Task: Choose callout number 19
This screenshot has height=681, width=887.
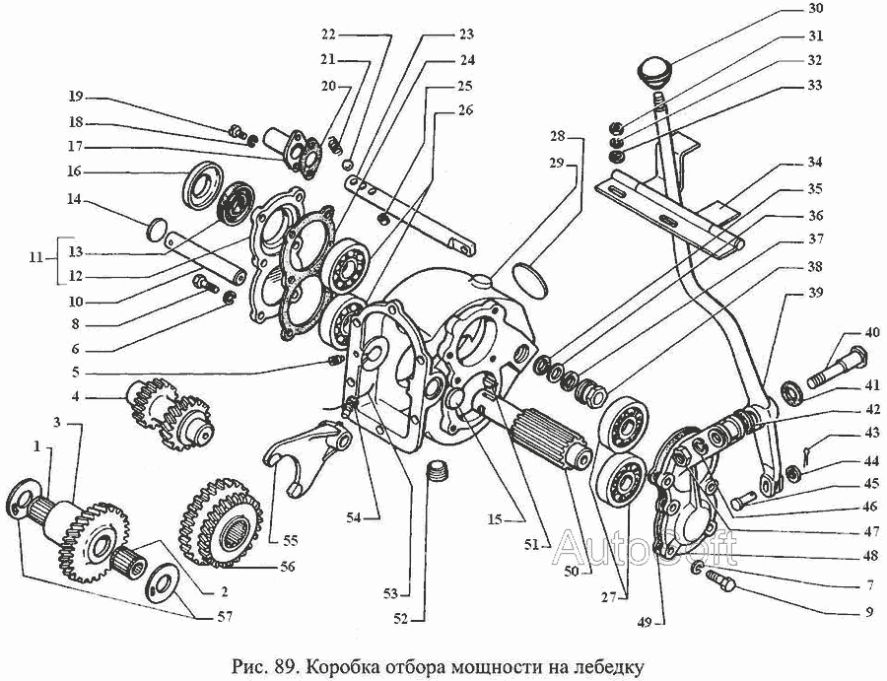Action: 76,97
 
